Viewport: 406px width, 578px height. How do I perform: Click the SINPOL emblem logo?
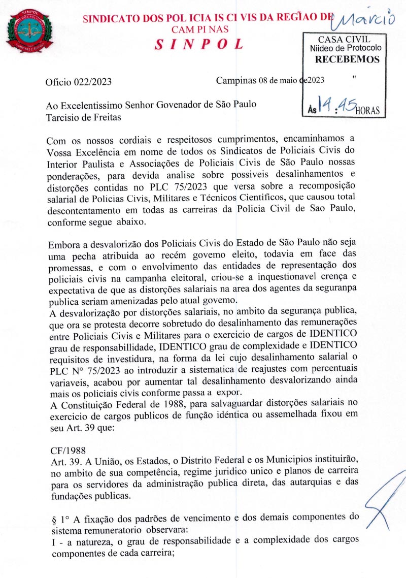(29, 31)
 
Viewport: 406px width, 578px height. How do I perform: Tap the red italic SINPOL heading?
(199, 44)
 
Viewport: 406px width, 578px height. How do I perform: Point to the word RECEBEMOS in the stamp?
(347, 59)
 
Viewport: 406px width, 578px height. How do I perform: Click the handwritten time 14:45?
(335, 104)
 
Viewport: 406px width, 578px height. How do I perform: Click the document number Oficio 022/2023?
(79, 81)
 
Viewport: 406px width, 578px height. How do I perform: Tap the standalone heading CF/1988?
(69, 450)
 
